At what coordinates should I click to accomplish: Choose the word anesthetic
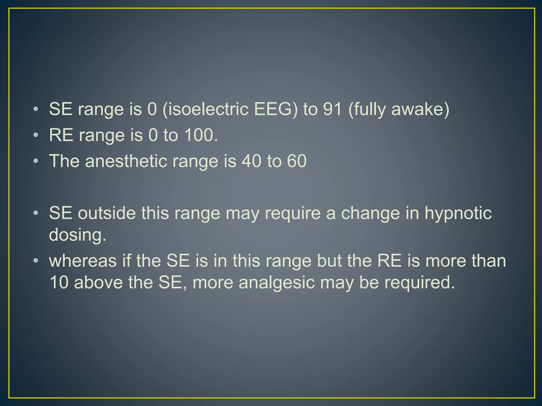point(126,161)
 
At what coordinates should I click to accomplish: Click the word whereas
point(83,261)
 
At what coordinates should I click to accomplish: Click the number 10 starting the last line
point(59,283)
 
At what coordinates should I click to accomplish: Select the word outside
point(106,213)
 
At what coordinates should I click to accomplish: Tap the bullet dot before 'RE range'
point(36,136)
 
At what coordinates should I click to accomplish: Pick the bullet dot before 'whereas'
point(36,261)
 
